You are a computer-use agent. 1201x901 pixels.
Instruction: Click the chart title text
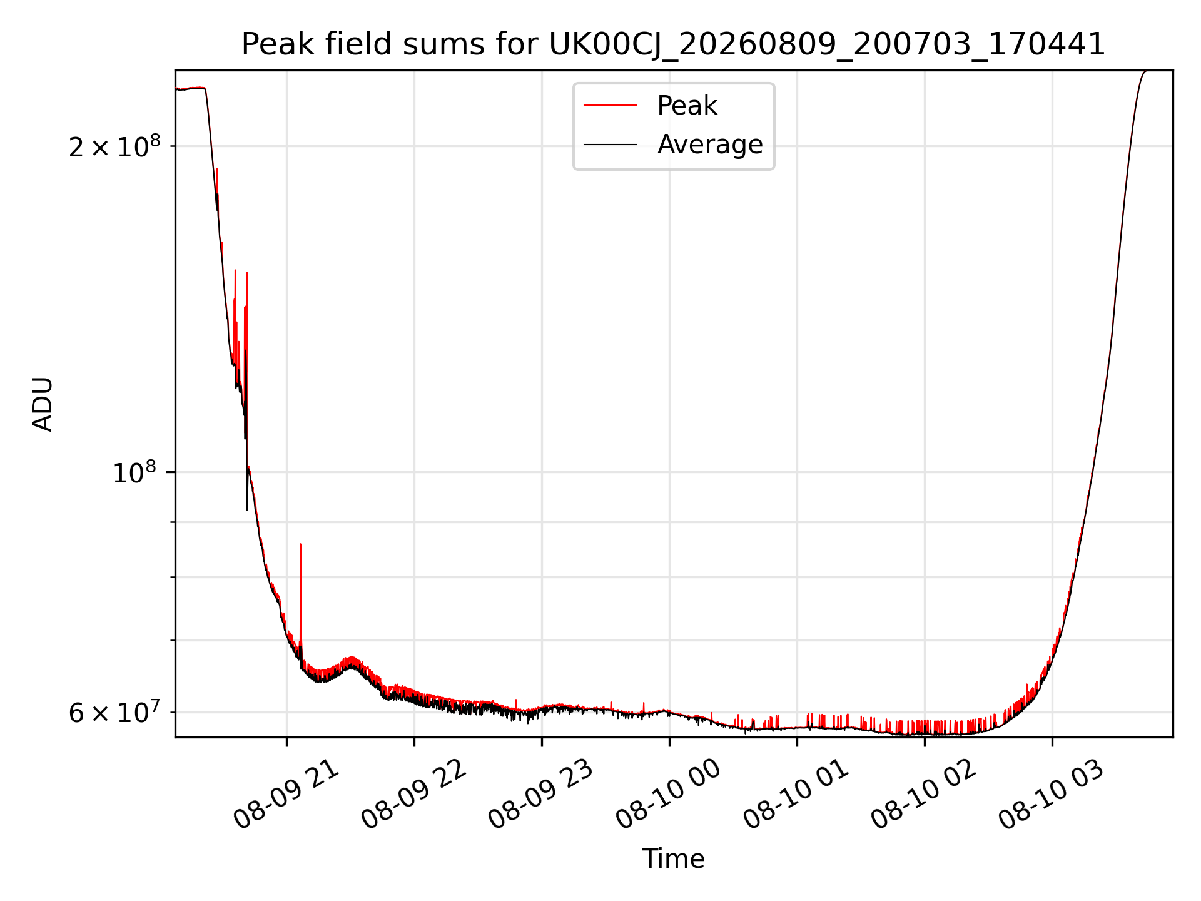point(674,44)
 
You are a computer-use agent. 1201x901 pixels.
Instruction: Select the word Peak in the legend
point(687,106)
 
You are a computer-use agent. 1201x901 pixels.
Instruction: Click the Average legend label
point(710,145)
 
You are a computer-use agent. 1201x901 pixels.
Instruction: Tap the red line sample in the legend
point(610,106)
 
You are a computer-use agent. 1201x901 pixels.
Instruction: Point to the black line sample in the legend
point(610,145)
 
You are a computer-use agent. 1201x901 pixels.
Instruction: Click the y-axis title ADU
point(43,404)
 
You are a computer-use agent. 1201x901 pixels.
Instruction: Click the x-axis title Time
point(674,859)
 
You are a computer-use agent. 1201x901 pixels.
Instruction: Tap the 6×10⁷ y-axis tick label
point(114,712)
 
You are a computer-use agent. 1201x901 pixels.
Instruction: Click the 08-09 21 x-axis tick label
point(286,795)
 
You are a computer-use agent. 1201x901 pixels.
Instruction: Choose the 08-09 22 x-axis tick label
point(414,795)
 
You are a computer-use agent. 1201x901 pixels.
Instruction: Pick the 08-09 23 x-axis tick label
point(541,795)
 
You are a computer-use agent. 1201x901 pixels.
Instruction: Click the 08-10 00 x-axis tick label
point(669,795)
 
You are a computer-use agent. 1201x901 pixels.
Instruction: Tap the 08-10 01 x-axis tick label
point(796,795)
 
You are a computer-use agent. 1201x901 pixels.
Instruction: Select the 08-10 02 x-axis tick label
point(924,795)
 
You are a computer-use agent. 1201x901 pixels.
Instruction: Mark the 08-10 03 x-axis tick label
point(1052,795)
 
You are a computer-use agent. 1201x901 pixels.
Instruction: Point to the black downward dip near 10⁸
point(247,488)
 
